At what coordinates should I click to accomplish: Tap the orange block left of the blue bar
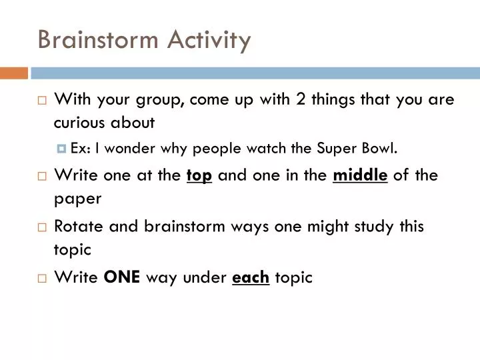click(13, 73)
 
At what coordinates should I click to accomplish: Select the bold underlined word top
click(199, 175)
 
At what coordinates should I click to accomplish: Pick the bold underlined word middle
click(360, 175)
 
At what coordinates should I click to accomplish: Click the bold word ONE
click(122, 277)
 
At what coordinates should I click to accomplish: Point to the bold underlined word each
click(250, 277)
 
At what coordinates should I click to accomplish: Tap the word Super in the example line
click(336, 149)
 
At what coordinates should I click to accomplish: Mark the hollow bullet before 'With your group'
click(42, 101)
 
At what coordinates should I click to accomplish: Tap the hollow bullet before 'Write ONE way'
click(42, 278)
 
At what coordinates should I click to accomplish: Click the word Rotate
click(76, 226)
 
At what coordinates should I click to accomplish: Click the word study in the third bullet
click(374, 226)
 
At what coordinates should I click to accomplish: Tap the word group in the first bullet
click(157, 100)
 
